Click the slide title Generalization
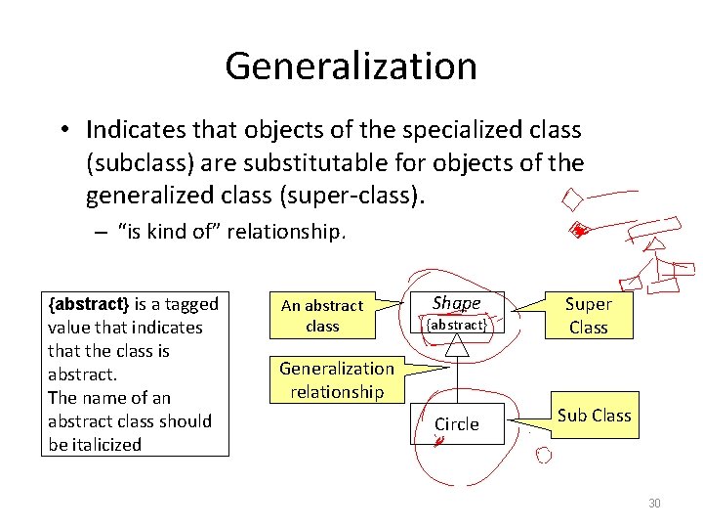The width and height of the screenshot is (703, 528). (351, 66)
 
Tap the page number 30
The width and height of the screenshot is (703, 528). (654, 503)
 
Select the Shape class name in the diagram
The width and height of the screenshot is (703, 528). (456, 303)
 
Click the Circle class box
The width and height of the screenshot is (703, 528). (457, 424)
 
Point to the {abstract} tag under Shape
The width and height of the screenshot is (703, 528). (456, 325)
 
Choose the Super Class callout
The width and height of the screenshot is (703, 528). (588, 316)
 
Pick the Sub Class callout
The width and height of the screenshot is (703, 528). (594, 416)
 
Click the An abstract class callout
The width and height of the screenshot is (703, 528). (322, 316)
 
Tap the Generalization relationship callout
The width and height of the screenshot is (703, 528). (337, 380)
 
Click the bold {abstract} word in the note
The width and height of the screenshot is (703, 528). (89, 304)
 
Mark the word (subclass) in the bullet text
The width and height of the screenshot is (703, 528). (145, 163)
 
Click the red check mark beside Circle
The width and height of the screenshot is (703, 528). (439, 442)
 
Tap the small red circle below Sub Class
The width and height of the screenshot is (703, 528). (544, 455)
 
